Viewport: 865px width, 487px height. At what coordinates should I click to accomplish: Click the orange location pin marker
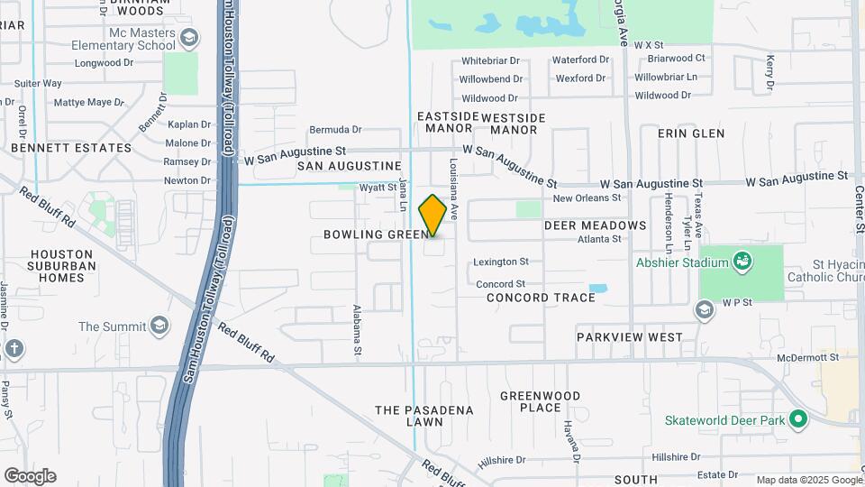coord(432,216)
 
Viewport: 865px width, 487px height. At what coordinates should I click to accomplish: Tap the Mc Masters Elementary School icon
coord(189,37)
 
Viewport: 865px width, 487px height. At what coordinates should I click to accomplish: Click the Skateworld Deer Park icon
coord(797,419)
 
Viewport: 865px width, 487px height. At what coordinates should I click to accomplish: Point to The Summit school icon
coord(159,326)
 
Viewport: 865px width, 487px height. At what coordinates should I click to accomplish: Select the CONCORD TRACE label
coord(541,298)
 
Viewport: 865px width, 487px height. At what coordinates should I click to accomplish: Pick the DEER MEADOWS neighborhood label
coord(595,225)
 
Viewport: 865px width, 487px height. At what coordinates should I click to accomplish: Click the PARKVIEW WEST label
coord(630,337)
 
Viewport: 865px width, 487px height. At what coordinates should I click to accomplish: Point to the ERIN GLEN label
coord(691,133)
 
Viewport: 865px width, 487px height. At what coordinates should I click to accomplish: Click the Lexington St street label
coord(500,262)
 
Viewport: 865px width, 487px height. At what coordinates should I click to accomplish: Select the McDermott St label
coord(809,357)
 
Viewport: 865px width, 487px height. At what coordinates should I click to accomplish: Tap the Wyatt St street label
coord(378,188)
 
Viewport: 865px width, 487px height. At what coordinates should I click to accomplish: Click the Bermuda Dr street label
coord(335,130)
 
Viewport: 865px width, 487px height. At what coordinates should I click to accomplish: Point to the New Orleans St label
coord(587,198)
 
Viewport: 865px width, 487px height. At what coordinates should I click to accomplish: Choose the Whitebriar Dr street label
coord(490,61)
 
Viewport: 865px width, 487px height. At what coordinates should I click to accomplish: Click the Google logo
coord(30,476)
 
